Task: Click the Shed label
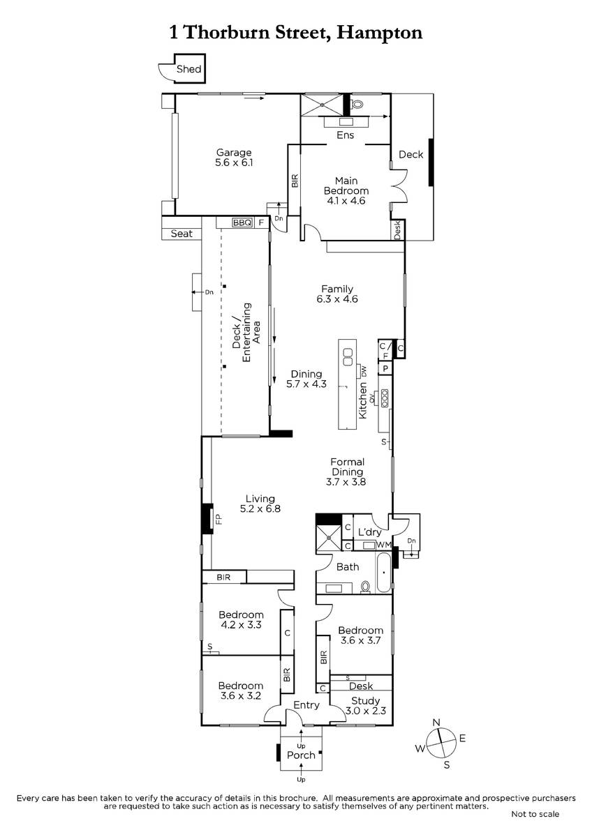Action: (189, 69)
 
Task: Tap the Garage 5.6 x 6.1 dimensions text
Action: (234, 163)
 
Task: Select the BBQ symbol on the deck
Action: (242, 223)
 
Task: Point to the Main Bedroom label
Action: (346, 186)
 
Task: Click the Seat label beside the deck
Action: (182, 234)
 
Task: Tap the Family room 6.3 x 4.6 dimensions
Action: (337, 299)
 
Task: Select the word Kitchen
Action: (363, 400)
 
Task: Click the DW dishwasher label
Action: (364, 371)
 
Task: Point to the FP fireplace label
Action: (219, 519)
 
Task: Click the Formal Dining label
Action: (348, 467)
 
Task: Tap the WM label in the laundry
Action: (383, 545)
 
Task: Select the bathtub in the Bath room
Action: (383, 572)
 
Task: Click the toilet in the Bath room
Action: (366, 587)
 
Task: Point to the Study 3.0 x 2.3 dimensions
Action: (365, 710)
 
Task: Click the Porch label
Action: (301, 755)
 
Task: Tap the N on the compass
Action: (436, 723)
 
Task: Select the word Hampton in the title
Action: (380, 33)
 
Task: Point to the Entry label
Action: (306, 705)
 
